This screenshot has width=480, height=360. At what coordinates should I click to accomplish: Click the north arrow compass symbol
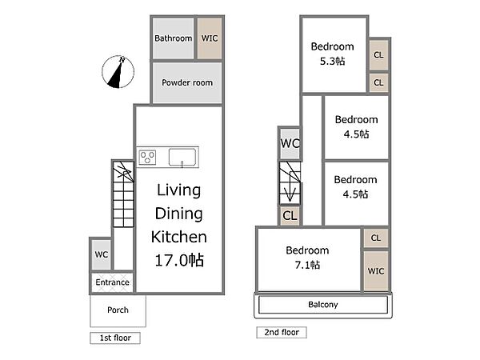point(118,72)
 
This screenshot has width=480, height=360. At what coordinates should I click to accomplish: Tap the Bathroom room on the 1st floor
point(174,38)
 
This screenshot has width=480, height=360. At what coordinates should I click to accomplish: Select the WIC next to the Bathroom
point(210,38)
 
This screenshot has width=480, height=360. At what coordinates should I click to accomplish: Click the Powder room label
point(187,82)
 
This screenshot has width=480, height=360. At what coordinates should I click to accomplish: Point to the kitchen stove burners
point(147,158)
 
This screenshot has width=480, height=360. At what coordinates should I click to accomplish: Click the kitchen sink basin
point(182,158)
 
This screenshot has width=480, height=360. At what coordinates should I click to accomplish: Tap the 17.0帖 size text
point(179,260)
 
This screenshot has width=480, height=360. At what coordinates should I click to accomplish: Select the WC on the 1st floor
point(102,254)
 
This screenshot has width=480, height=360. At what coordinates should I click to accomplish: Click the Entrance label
point(112,282)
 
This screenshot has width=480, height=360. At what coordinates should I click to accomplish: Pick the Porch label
point(118,310)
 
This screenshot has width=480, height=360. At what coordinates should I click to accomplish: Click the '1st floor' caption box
point(115,338)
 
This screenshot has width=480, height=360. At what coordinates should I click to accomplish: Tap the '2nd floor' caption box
point(282,332)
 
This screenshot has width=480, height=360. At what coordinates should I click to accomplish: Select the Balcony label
point(323,305)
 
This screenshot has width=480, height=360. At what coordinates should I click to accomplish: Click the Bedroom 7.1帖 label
point(307,258)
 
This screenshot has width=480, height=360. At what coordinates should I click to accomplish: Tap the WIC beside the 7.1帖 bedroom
point(376,271)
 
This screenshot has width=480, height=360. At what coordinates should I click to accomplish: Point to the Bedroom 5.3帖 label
point(333,54)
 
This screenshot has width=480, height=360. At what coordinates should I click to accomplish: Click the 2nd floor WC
point(290,143)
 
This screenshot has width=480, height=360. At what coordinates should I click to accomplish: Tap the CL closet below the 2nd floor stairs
point(290,215)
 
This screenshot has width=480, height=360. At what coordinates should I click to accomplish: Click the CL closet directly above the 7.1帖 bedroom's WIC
point(376,238)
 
